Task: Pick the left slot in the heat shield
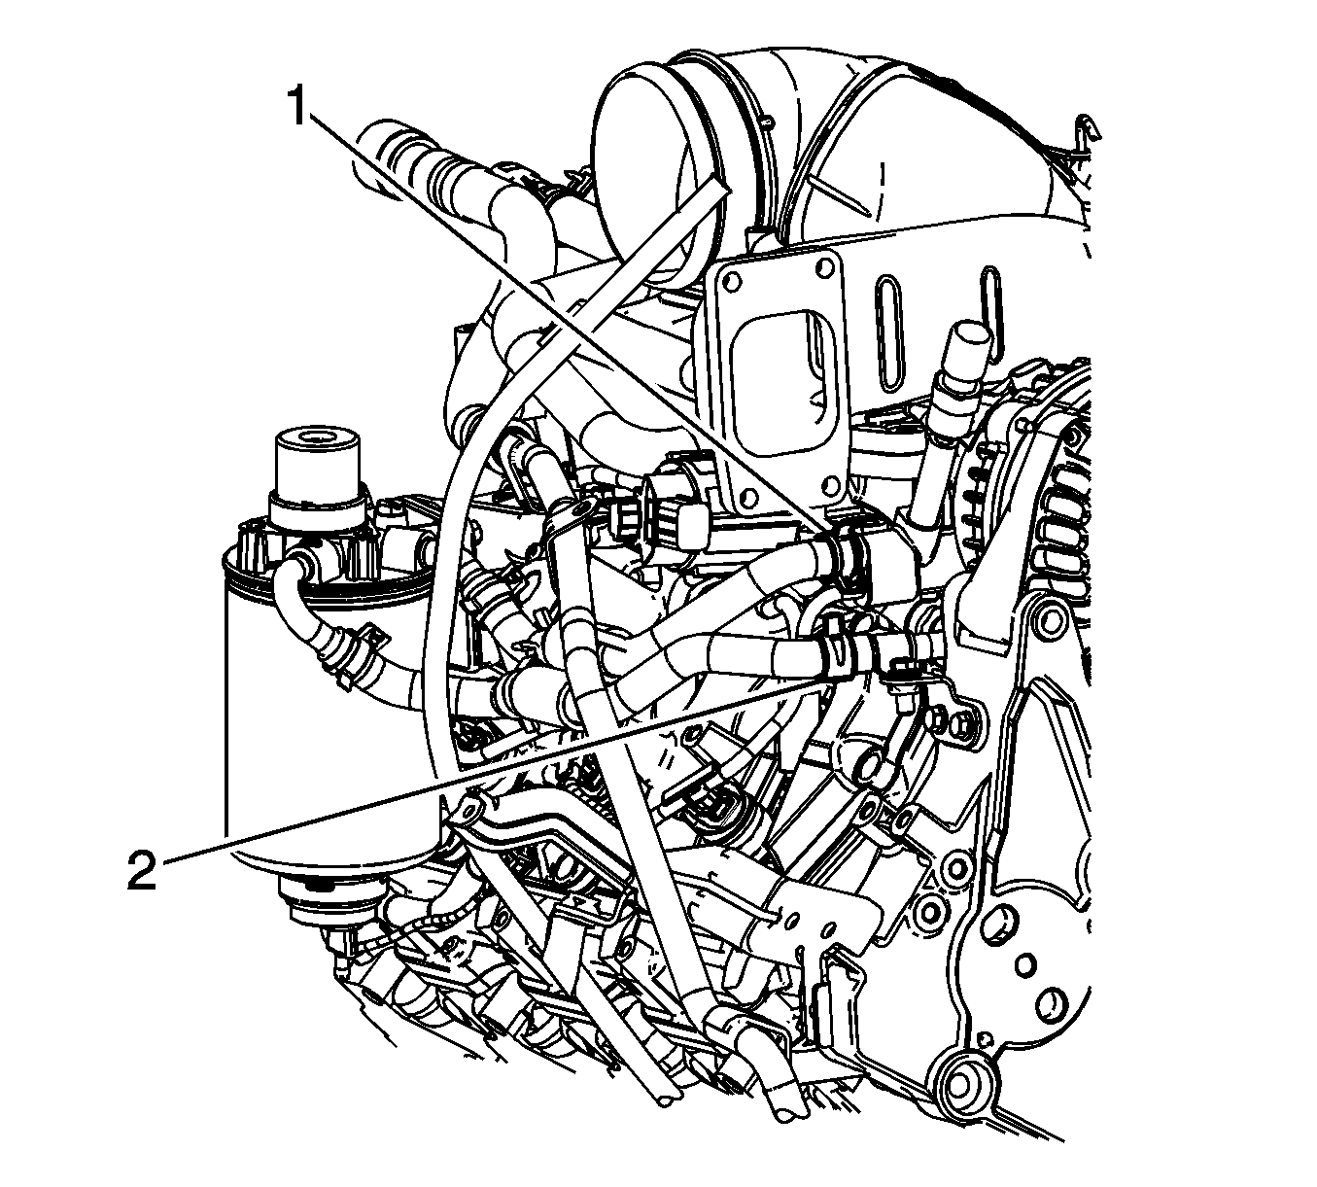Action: [x=887, y=331]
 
